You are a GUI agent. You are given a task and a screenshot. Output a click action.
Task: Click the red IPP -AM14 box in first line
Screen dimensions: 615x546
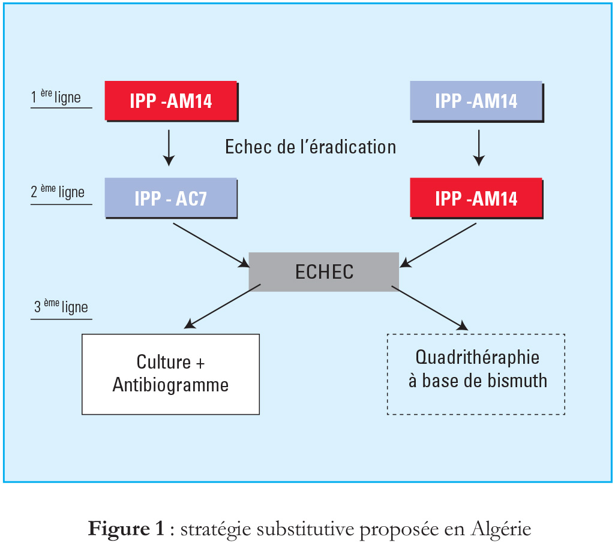point(172,101)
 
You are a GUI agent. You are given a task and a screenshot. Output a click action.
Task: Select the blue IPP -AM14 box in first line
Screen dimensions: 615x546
point(476,101)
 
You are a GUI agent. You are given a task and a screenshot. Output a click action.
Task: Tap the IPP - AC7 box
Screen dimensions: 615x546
point(171,198)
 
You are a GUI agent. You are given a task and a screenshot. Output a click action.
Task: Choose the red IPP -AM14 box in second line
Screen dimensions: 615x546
point(476,198)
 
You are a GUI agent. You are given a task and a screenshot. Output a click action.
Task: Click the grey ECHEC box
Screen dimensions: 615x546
point(324,272)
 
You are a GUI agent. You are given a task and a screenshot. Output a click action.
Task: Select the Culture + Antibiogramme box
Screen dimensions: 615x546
point(170,374)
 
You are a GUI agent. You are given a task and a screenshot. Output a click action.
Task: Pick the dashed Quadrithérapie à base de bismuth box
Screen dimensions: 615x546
point(476,374)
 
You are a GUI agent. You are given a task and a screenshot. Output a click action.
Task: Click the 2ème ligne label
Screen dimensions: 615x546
point(58,192)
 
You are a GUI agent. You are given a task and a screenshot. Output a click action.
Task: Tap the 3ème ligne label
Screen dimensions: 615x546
point(61,307)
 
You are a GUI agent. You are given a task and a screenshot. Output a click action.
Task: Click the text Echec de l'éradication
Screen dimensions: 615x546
point(311,147)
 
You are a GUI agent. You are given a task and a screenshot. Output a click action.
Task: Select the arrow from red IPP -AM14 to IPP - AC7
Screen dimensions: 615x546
point(169,148)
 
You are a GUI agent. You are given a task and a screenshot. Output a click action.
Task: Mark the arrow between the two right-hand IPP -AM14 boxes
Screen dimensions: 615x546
point(479,148)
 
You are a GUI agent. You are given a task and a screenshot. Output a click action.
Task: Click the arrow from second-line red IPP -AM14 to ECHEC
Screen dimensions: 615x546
point(438,246)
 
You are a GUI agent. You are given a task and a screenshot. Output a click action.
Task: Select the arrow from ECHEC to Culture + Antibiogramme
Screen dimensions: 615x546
point(223,306)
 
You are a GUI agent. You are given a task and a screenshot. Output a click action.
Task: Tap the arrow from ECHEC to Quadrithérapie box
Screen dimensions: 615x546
point(430,308)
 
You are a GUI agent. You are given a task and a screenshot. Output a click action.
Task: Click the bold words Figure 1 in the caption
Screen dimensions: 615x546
point(126,529)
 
